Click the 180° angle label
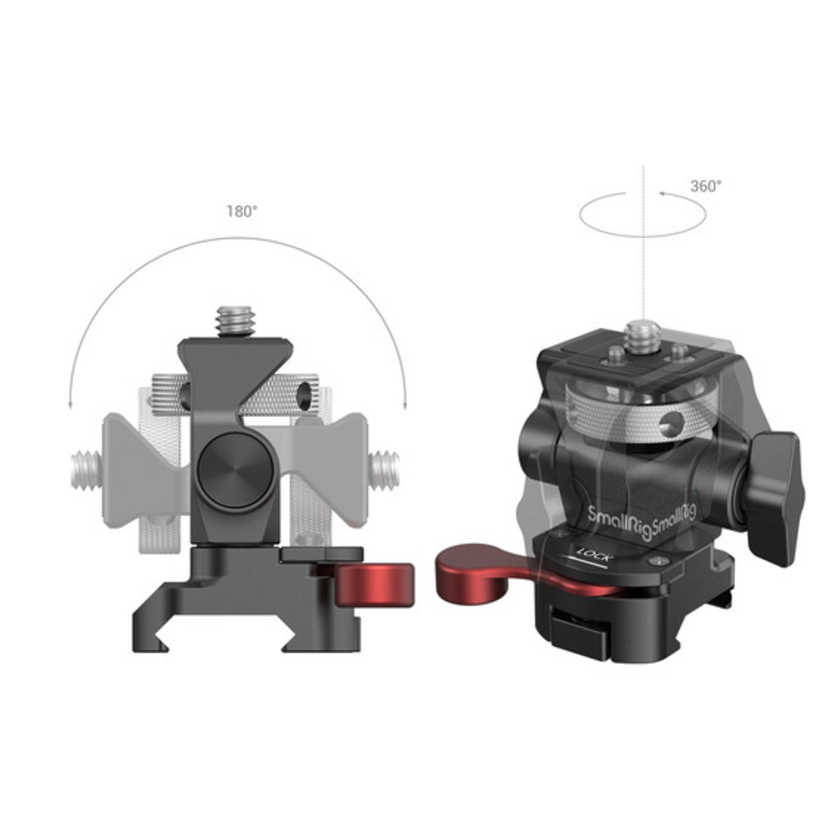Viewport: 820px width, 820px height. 242,212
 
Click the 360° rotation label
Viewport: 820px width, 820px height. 706,187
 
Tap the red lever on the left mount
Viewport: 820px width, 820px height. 373,585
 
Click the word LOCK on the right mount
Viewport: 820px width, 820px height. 594,553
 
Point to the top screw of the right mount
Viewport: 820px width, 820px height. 643,336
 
